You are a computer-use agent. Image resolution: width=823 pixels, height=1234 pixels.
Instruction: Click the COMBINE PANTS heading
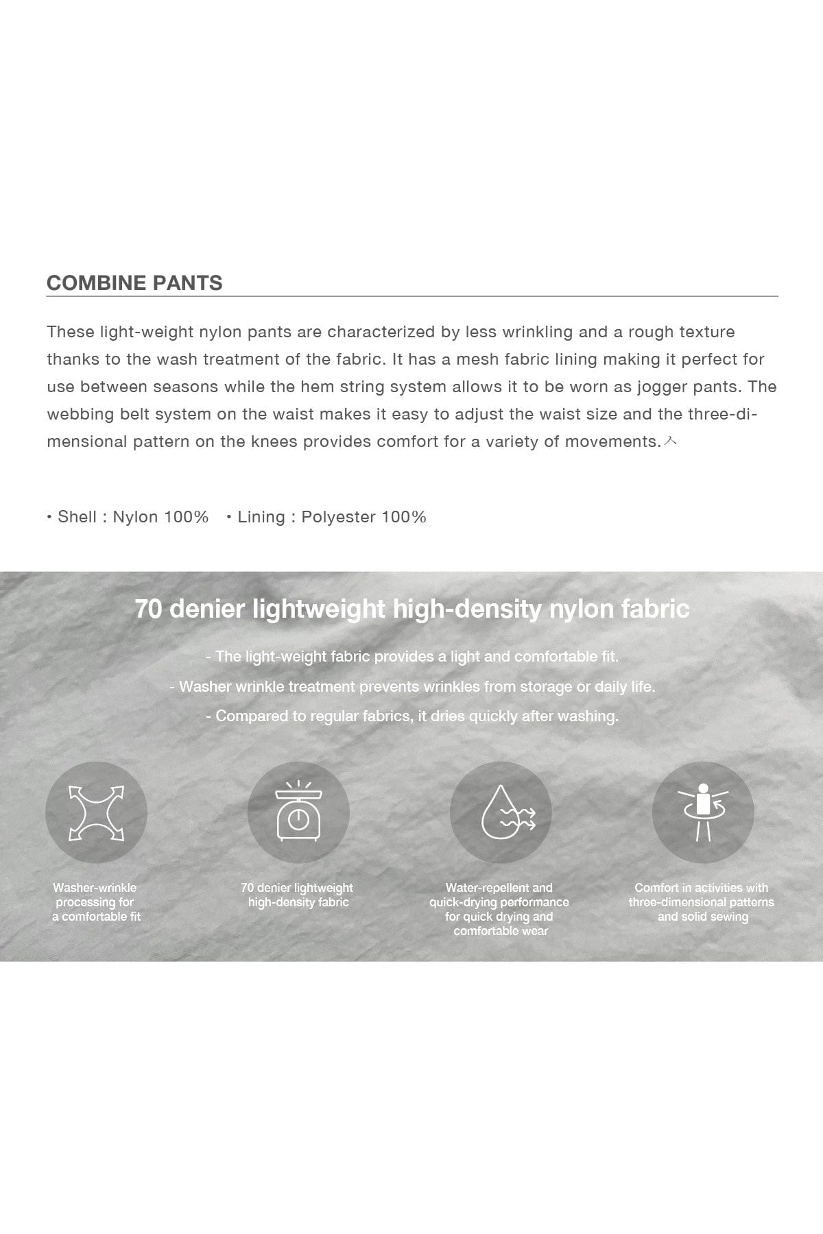(x=134, y=283)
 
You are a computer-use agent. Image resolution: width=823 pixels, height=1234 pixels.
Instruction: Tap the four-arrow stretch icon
(x=96, y=812)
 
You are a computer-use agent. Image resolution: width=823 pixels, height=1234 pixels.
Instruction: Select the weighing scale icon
(x=298, y=812)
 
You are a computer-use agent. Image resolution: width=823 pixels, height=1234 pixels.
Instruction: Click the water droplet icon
(x=501, y=812)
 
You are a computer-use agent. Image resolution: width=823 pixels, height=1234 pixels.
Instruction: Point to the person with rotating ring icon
(x=702, y=812)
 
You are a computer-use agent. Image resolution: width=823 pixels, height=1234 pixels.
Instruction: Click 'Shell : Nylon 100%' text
(x=132, y=517)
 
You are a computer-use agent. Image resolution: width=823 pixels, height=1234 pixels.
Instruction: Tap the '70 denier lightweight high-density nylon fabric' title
(x=412, y=609)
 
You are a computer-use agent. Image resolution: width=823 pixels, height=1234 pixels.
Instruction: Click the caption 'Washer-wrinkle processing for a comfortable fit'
(x=96, y=902)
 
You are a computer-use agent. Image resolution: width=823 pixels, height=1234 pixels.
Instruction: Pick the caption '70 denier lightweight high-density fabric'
(x=298, y=895)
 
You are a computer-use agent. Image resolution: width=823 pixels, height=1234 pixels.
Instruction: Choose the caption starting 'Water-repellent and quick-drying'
(x=499, y=909)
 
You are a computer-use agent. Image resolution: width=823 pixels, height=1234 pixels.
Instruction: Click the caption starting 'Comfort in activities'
(x=702, y=902)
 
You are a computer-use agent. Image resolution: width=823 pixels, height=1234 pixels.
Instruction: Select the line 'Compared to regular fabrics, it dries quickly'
(x=412, y=716)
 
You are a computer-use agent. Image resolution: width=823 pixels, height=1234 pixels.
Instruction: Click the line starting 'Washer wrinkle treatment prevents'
(x=412, y=686)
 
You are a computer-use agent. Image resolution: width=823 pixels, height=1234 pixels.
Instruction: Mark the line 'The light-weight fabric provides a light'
(x=412, y=657)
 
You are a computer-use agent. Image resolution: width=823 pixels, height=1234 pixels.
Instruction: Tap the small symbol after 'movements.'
(x=671, y=442)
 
